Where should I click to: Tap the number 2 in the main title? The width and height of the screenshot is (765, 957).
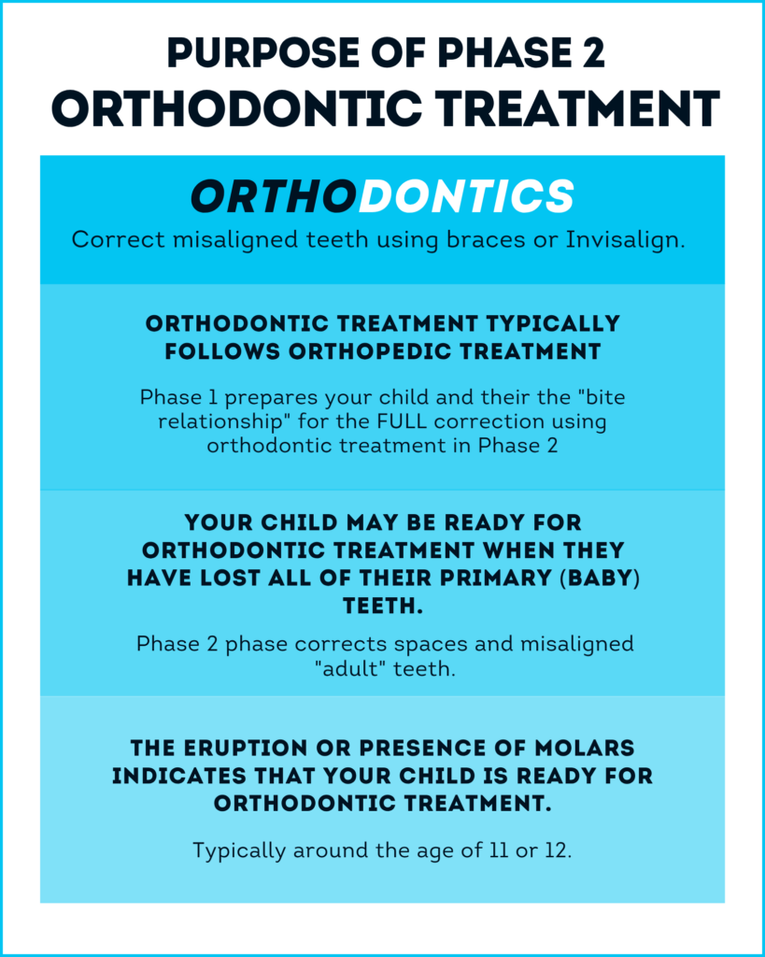click(591, 53)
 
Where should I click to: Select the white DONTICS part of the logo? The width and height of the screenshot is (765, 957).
click(466, 196)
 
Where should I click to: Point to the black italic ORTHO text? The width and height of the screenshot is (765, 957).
click(274, 196)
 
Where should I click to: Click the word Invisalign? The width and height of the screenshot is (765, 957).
click(625, 240)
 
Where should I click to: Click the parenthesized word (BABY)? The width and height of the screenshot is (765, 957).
click(600, 578)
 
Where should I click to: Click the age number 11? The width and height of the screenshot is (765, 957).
click(499, 850)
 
